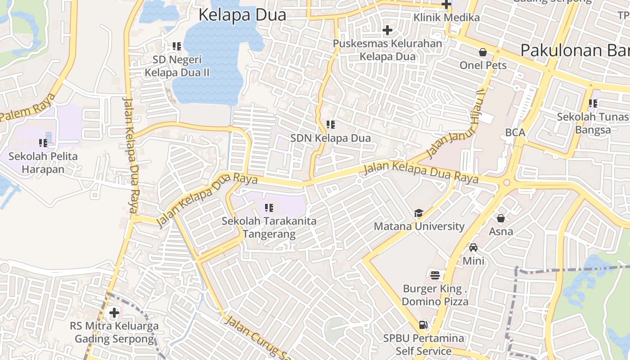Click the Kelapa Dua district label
tap(242, 15)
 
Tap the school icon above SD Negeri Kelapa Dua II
tap(177, 46)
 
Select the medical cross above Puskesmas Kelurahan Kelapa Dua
tap(387, 30)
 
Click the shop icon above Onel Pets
tap(483, 52)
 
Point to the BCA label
tap(515, 132)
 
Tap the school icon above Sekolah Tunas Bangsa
tap(593, 104)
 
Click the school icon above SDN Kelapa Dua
tap(331, 125)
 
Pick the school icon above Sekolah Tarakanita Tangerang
tap(269, 208)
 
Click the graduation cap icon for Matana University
tap(419, 213)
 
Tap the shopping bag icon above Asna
tap(501, 218)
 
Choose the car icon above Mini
tap(473, 247)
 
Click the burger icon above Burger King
tap(435, 275)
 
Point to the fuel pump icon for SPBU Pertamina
tap(423, 324)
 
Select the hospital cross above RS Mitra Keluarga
tap(114, 312)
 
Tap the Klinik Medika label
tap(446, 18)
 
